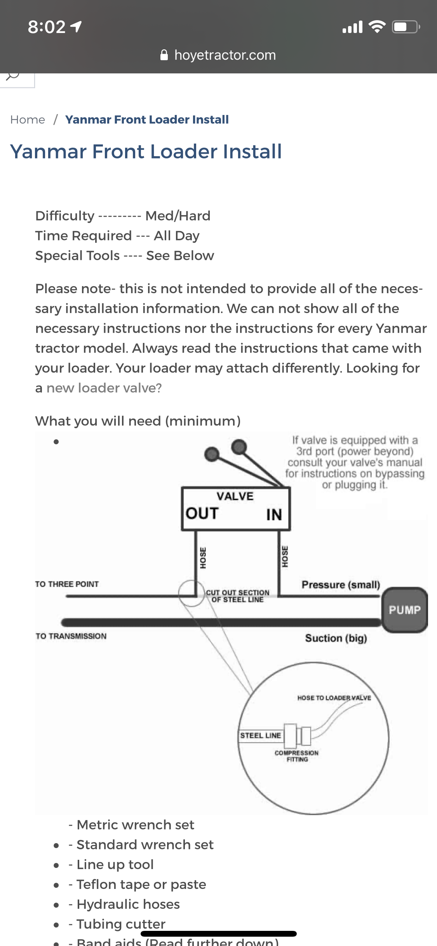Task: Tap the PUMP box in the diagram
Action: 404,610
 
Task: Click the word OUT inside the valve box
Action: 202,513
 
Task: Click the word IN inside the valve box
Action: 274,515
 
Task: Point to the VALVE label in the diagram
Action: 235,496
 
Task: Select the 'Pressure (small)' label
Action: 341,584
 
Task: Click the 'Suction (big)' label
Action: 336,638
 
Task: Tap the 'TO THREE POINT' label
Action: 67,584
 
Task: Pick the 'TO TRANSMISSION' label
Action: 71,636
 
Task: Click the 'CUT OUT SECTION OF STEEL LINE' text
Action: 237,596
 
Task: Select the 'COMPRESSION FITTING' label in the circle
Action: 297,756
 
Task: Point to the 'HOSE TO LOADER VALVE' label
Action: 334,698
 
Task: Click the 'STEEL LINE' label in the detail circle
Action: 260,736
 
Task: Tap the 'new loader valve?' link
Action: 104,388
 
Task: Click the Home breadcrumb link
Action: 28,120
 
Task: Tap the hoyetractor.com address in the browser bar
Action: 225,55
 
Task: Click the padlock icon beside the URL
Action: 164,55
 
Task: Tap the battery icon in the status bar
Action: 406,27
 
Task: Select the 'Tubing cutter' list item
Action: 121,924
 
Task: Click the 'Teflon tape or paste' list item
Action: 141,884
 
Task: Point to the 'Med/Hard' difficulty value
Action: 178,216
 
